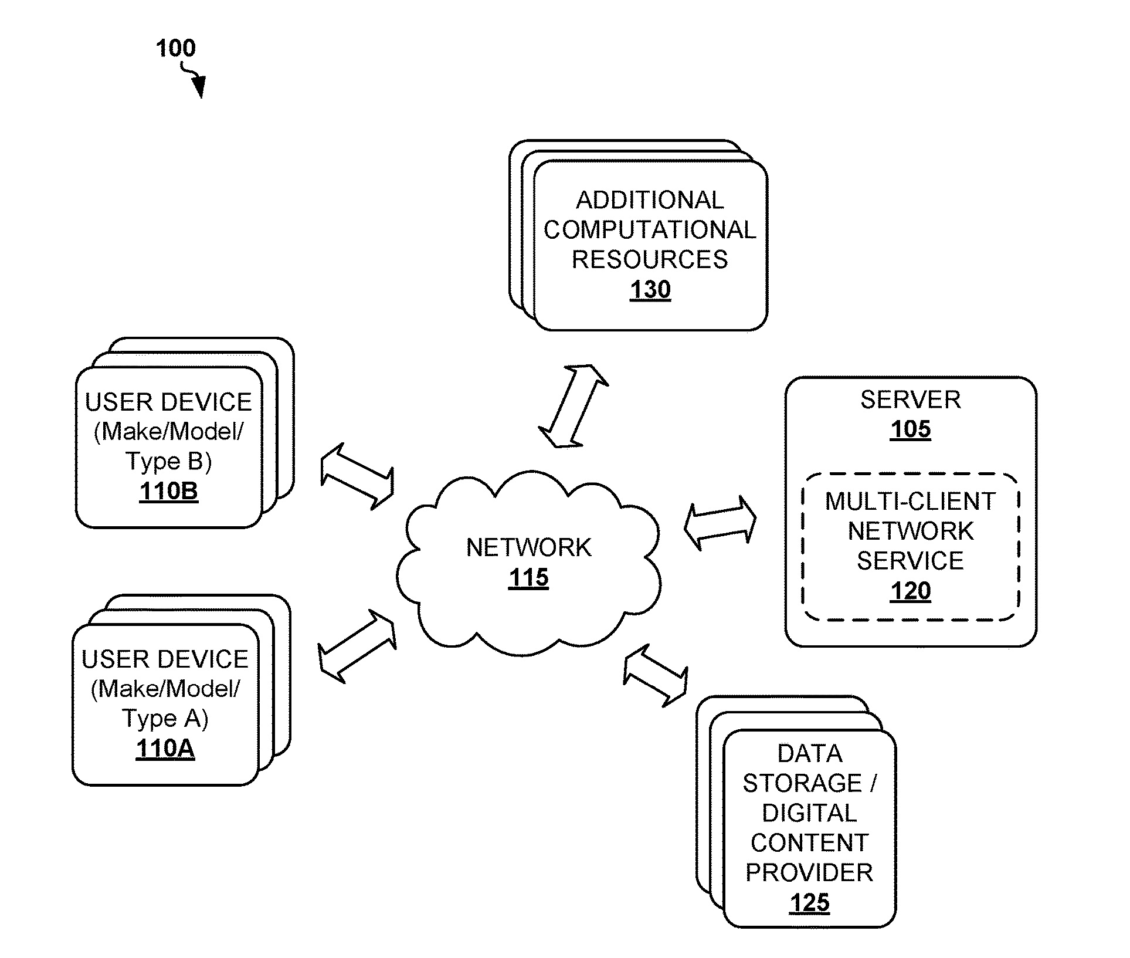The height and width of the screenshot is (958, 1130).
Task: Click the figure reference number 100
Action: click(x=176, y=48)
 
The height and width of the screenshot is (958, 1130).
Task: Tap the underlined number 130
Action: click(x=650, y=290)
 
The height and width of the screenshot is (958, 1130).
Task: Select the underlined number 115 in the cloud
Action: click(x=528, y=578)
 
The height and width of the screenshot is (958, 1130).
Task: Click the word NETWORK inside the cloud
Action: click(x=528, y=547)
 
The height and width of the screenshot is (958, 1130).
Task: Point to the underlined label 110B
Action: click(x=169, y=491)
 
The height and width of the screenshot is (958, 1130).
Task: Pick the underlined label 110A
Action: click(x=165, y=749)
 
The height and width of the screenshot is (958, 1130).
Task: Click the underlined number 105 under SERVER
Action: click(x=911, y=429)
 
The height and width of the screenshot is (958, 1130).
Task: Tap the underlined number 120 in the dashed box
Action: click(x=911, y=591)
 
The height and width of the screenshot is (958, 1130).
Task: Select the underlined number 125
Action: click(x=810, y=902)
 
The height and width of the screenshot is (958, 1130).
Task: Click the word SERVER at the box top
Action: click(x=911, y=400)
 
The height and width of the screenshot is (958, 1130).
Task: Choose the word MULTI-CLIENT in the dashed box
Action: click(x=911, y=502)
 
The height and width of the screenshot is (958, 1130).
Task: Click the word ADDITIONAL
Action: click(x=650, y=200)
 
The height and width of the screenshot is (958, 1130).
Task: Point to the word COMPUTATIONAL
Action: click(x=650, y=230)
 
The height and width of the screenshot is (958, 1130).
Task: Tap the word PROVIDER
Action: click(x=809, y=872)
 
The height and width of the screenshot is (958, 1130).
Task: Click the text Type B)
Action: click(x=169, y=461)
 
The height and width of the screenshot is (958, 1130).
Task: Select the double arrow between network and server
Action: click(x=721, y=523)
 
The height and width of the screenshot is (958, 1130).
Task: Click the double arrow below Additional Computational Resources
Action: click(x=573, y=407)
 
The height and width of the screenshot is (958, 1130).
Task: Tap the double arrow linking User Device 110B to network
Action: click(x=357, y=476)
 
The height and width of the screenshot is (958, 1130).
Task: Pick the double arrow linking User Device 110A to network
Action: click(x=357, y=646)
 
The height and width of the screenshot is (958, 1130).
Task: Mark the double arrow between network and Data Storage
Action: click(x=655, y=675)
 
